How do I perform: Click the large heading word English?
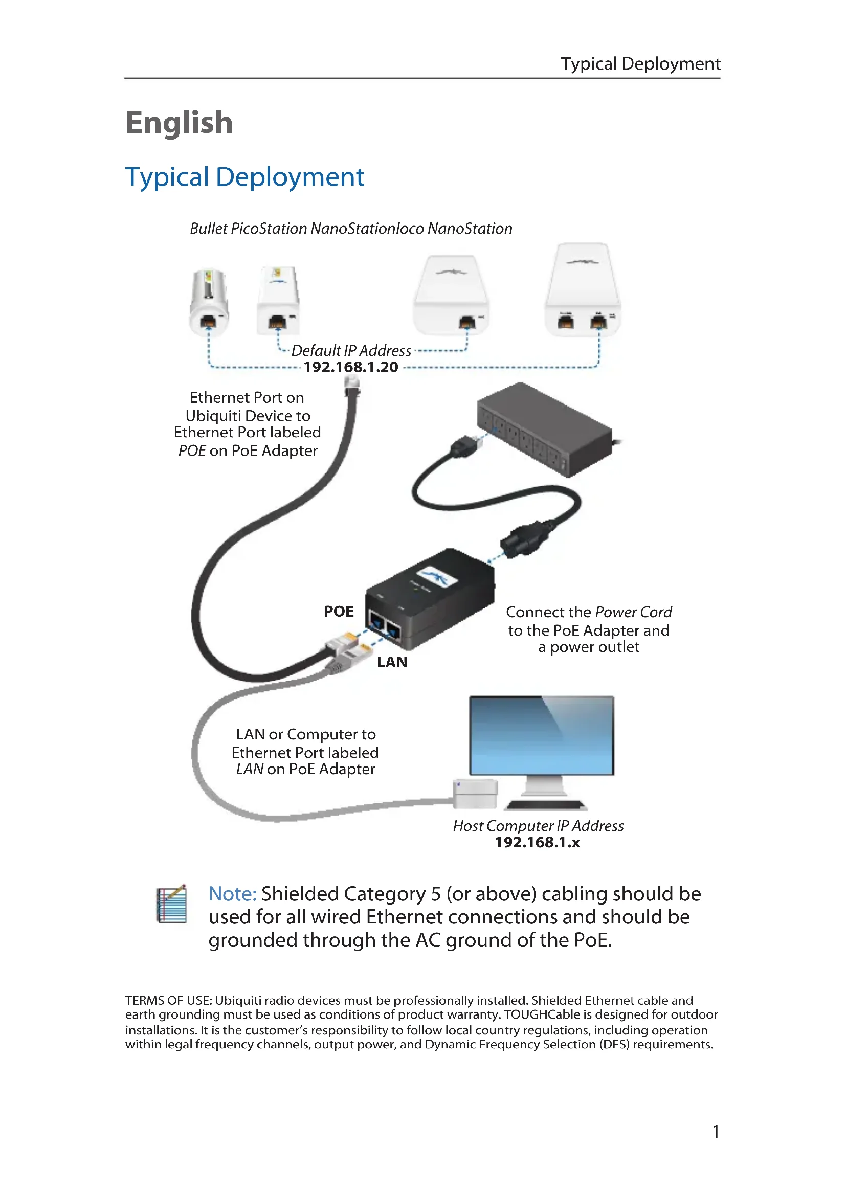179,123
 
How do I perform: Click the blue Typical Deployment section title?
244,177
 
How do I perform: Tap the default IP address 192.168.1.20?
350,367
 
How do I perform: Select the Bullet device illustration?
209,302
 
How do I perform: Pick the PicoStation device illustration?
278,301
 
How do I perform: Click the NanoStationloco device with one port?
451,296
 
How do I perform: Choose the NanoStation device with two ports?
583,290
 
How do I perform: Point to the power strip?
544,428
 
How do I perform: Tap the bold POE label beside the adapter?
339,612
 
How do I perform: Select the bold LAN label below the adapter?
392,662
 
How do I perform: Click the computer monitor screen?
541,735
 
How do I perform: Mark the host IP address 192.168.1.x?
537,842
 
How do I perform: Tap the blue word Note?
232,894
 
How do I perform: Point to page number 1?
716,1132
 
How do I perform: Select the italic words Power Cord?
633,612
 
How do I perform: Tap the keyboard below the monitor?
546,805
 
